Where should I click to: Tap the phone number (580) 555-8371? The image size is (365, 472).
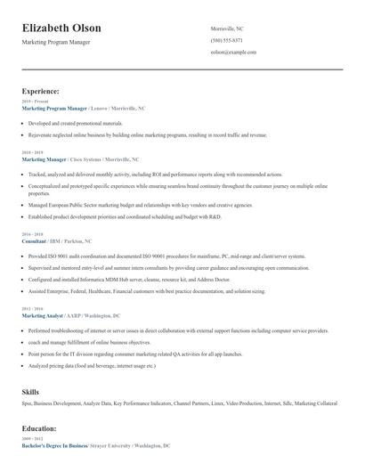pyautogui.click(x=226, y=41)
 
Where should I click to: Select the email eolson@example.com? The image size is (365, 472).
pyautogui.click(x=233, y=53)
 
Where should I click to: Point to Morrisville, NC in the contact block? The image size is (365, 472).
pyautogui.click(x=227, y=28)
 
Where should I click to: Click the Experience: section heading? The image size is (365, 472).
pyautogui.click(x=41, y=91)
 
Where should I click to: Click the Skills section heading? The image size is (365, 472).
pyautogui.click(x=30, y=391)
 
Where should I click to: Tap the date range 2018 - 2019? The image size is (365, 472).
pyautogui.click(x=32, y=152)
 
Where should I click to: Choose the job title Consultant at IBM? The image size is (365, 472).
pyautogui.click(x=34, y=240)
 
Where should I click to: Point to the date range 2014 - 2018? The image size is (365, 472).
pyautogui.click(x=32, y=235)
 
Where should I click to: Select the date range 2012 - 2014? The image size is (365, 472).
pyautogui.click(x=32, y=309)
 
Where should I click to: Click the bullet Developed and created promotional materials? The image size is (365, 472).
pyautogui.click(x=75, y=123)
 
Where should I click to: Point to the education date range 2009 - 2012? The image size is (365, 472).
pyautogui.click(x=32, y=438)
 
